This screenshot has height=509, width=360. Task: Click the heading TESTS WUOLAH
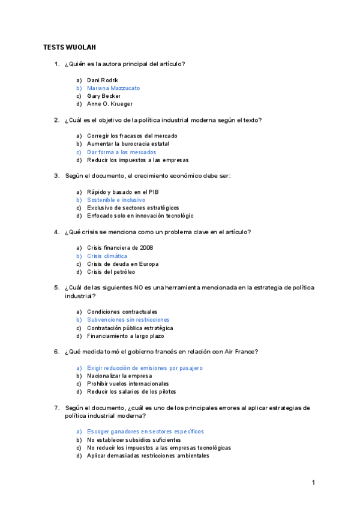pyautogui.click(x=70, y=47)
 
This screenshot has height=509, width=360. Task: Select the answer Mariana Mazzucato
pyautogui.click(x=113, y=88)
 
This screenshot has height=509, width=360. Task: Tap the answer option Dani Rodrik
pyautogui.click(x=103, y=80)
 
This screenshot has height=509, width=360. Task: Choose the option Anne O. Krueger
pyautogui.click(x=109, y=104)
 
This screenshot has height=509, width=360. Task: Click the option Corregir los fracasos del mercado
pyautogui.click(x=132, y=136)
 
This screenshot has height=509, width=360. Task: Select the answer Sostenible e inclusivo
pyautogui.click(x=116, y=200)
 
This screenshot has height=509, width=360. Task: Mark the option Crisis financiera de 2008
pyautogui.click(x=120, y=248)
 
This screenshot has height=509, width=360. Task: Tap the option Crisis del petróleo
pyautogui.click(x=111, y=272)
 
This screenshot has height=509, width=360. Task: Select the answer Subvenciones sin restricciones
pyautogui.click(x=128, y=320)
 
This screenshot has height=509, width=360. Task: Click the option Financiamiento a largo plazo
pyautogui.click(x=125, y=336)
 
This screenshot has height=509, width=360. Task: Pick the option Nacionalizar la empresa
pyautogui.click(x=119, y=376)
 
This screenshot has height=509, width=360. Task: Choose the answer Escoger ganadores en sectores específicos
pyautogui.click(x=145, y=432)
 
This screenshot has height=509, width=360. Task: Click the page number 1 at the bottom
pyautogui.click(x=313, y=483)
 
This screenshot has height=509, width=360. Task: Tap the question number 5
pyautogui.click(x=56, y=288)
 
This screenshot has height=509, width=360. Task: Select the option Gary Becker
pyautogui.click(x=104, y=96)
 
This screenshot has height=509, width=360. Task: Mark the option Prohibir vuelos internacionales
pyautogui.click(x=128, y=384)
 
